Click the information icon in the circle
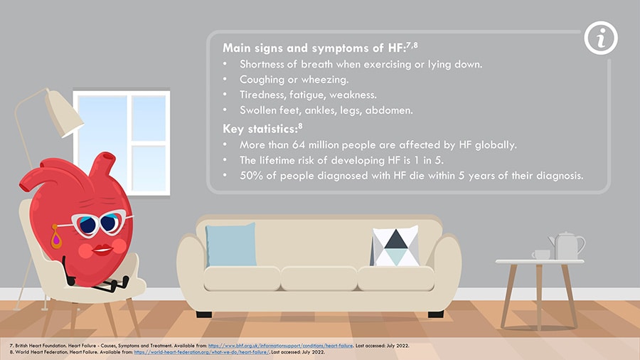point(601,38)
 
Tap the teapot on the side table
point(567,245)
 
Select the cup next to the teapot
point(541,255)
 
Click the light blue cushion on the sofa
point(231,245)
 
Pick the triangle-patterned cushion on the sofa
point(395,246)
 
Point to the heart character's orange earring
point(56,236)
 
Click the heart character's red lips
point(102,250)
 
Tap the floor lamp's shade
point(63,112)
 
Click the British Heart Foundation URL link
point(280,346)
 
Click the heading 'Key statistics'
point(260,129)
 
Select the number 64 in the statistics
point(299,145)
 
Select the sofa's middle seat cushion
point(319,278)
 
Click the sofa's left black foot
point(203,314)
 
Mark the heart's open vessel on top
point(108,157)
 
